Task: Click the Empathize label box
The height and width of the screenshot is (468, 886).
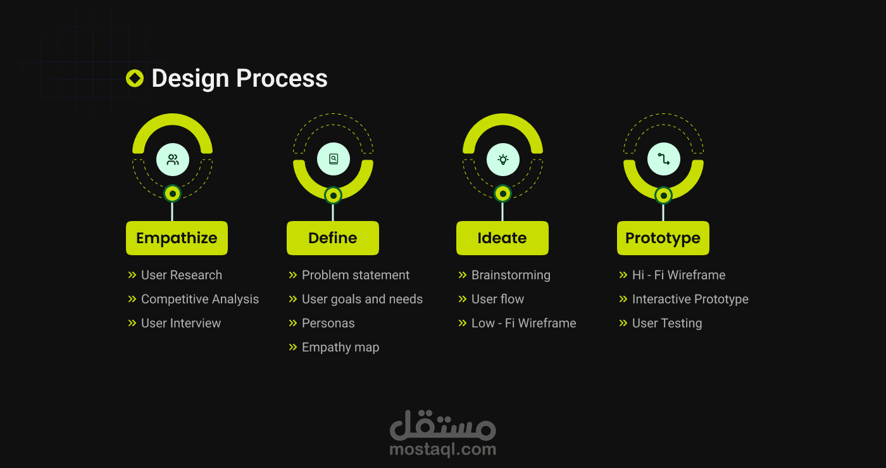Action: pyautogui.click(x=177, y=238)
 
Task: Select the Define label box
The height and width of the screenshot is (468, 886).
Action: pyautogui.click(x=333, y=238)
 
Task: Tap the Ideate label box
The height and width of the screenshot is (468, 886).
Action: pyautogui.click(x=502, y=238)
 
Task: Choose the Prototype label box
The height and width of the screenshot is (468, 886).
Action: pyautogui.click(x=663, y=238)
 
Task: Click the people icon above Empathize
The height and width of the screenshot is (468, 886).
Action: pyautogui.click(x=173, y=160)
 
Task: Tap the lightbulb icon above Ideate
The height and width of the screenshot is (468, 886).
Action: pyautogui.click(x=503, y=160)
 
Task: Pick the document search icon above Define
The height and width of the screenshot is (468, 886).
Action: pyautogui.click(x=334, y=160)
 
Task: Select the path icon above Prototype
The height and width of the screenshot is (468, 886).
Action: pyautogui.click(x=664, y=160)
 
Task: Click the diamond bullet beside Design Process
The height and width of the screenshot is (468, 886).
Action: pyautogui.click(x=135, y=79)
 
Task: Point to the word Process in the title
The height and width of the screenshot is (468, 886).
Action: pyautogui.click(x=282, y=79)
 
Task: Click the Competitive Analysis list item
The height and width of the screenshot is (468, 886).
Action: pyautogui.click(x=199, y=299)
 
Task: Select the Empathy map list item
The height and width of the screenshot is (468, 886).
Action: pyautogui.click(x=340, y=347)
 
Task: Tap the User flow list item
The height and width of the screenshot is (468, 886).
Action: pyautogui.click(x=497, y=299)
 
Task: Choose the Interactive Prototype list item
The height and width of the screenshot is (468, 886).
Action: pyautogui.click(x=690, y=299)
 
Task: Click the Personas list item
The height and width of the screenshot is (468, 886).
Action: pyautogui.click(x=328, y=323)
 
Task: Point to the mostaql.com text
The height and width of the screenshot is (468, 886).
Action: pyautogui.click(x=442, y=450)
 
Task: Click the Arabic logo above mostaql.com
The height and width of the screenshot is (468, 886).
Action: pyautogui.click(x=442, y=426)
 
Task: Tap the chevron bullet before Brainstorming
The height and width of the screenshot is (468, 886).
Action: pyautogui.click(x=463, y=275)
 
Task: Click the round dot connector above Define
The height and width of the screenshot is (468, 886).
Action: pyautogui.click(x=334, y=196)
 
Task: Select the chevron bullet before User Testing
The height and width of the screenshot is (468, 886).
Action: pyautogui.click(x=623, y=323)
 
